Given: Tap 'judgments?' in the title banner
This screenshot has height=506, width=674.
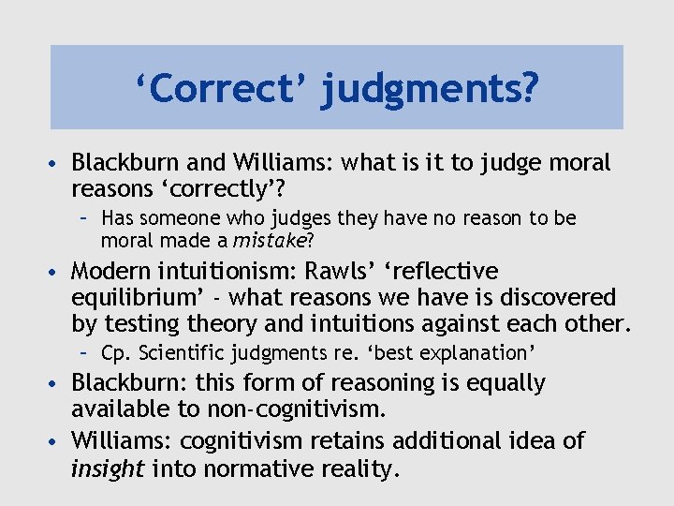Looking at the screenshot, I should click(x=430, y=90).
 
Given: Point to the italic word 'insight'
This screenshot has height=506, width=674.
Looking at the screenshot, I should click(x=108, y=468).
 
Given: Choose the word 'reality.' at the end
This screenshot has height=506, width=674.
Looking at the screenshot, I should click(x=359, y=468).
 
